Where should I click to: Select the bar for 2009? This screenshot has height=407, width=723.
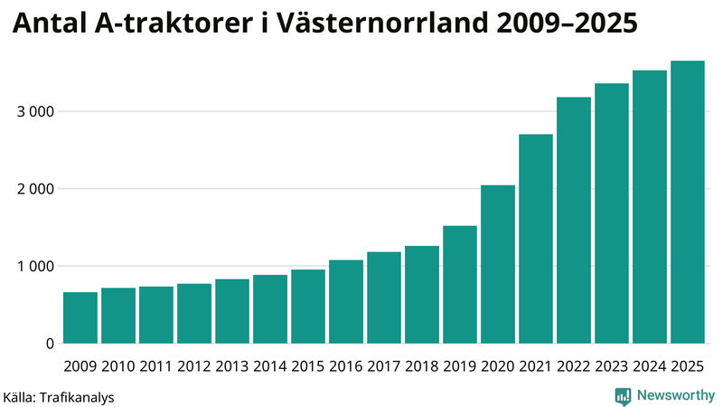pyautogui.click(x=80, y=318)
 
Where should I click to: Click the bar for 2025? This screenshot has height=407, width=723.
pyautogui.click(x=688, y=203)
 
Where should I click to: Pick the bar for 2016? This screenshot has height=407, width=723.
pyautogui.click(x=346, y=302)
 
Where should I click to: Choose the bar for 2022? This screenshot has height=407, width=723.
pyautogui.click(x=574, y=221)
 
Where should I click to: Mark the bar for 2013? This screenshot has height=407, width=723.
pyautogui.click(x=232, y=312)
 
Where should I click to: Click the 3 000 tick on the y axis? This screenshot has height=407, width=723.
pyautogui.click(x=35, y=111)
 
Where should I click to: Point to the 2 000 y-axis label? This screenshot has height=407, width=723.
pyautogui.click(x=35, y=189)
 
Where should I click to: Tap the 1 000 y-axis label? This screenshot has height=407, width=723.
pyautogui.click(x=35, y=267)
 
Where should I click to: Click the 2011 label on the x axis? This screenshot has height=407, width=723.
pyautogui.click(x=156, y=366)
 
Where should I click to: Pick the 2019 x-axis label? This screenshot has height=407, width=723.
pyautogui.click(x=460, y=366)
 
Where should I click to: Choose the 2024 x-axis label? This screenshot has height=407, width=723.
pyautogui.click(x=650, y=366)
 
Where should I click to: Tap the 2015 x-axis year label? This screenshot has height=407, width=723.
pyautogui.click(x=308, y=366)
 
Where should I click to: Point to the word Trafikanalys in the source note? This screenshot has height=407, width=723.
pyautogui.click(x=78, y=396)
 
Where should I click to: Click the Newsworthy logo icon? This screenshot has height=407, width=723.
pyautogui.click(x=623, y=395)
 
